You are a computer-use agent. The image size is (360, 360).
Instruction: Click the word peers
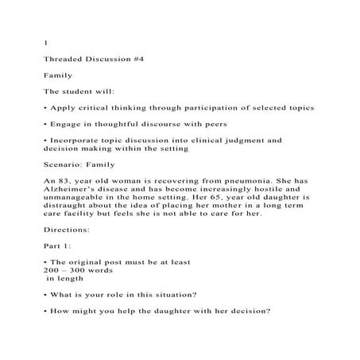coord(212,125)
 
